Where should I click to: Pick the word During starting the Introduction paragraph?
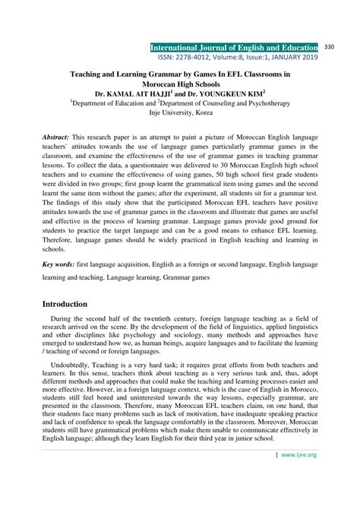click(x=65, y=321)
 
